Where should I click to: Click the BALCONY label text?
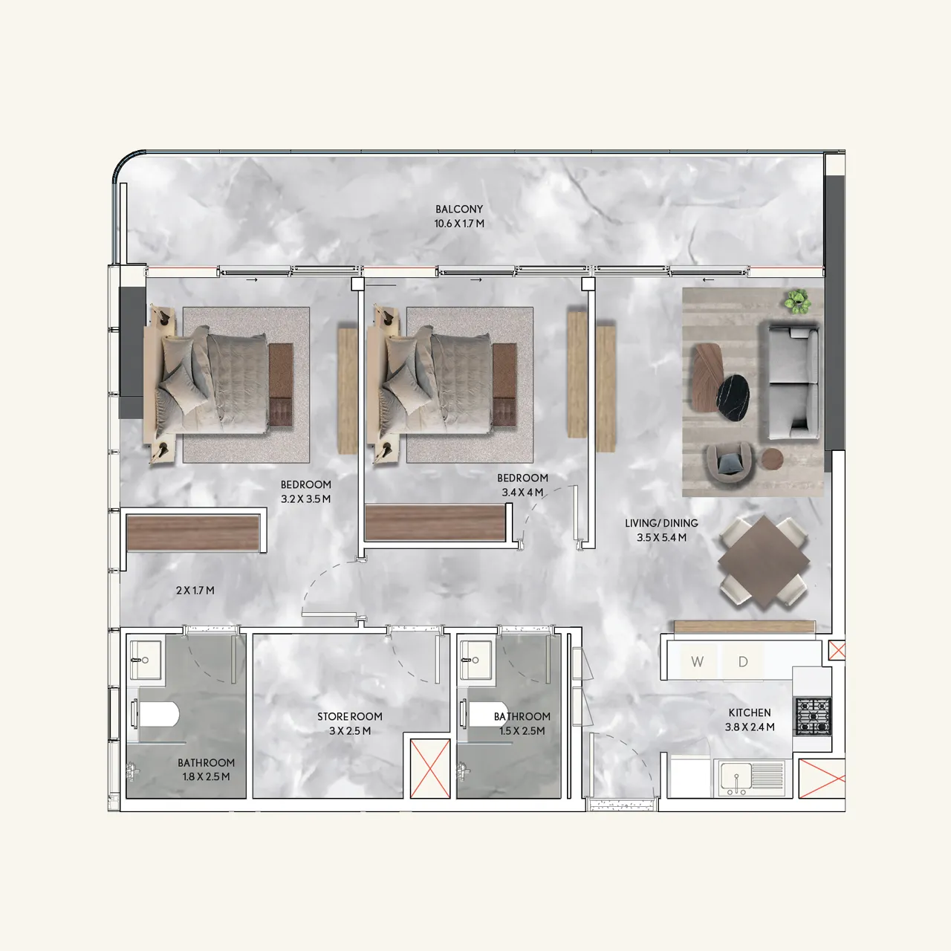tap(459, 210)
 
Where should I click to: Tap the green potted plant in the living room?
tap(798, 300)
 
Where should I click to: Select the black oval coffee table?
tap(733, 393)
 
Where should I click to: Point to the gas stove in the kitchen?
tap(813, 716)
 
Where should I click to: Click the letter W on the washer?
tap(697, 661)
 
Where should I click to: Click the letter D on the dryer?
tap(742, 661)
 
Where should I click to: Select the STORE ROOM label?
tap(350, 717)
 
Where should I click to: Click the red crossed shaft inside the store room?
tap(431, 768)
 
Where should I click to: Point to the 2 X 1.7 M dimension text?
tap(195, 591)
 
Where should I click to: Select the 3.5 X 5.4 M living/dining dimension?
tap(661, 537)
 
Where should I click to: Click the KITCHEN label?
tap(750, 713)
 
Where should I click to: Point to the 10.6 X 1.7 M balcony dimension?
tap(459, 224)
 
